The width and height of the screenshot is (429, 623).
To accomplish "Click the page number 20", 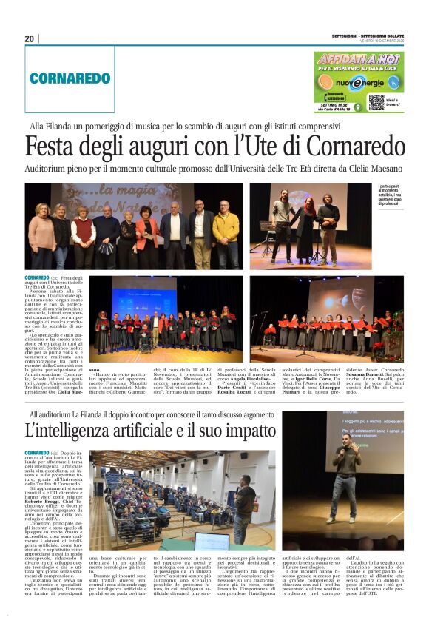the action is pos(29,38).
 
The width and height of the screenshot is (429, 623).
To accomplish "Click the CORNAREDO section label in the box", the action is pos(70,77).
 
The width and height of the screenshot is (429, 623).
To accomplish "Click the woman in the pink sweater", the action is pos(41,237).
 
